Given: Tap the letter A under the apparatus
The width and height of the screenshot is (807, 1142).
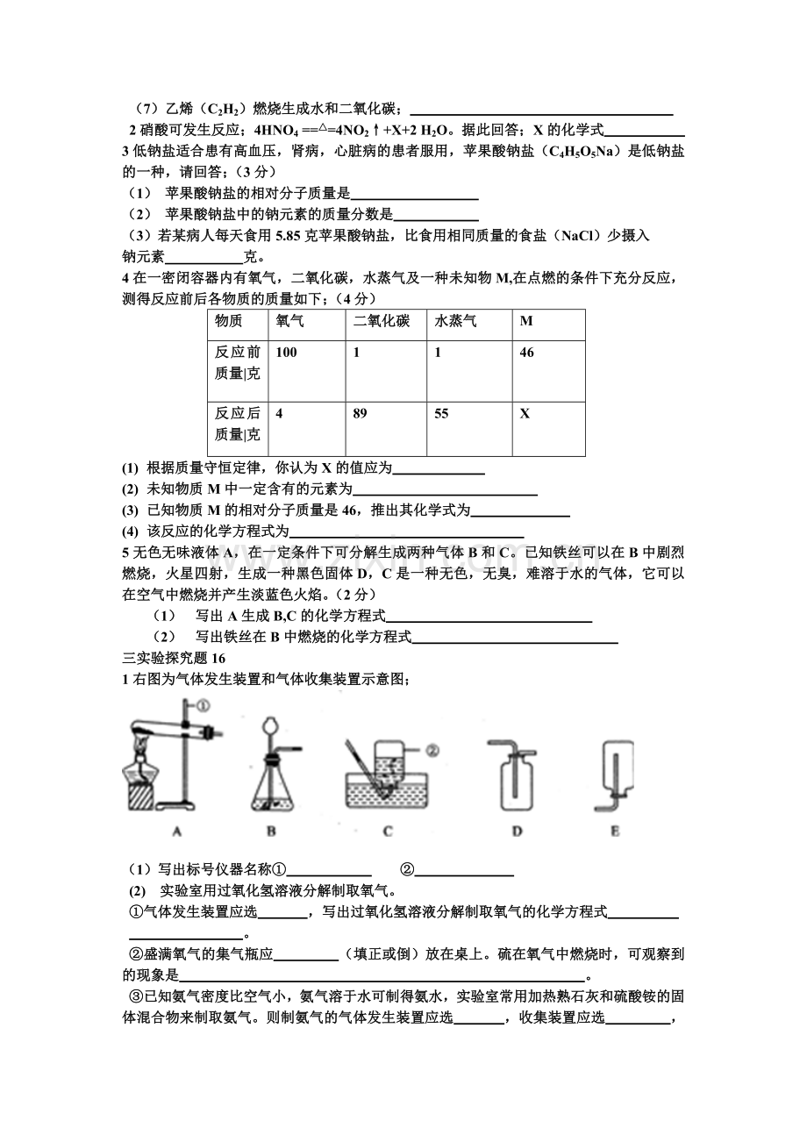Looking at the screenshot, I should tap(178, 830).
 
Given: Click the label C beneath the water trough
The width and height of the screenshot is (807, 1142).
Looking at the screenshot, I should tap(388, 830).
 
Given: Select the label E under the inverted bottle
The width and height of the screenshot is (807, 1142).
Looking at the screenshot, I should tap(614, 830).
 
